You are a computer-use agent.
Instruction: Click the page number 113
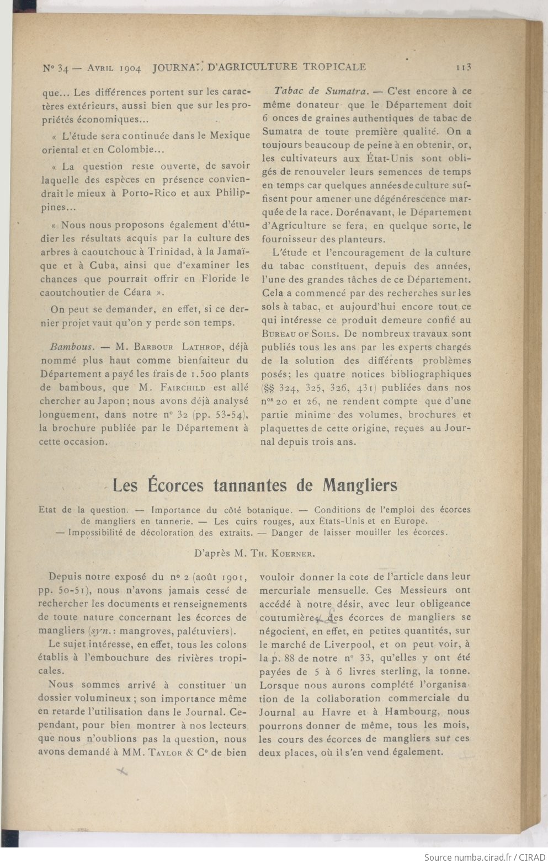pos(462,67)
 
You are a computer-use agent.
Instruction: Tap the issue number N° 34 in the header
pos(55,69)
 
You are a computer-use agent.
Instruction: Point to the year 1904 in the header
pos(130,69)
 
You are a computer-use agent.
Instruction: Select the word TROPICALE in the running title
pos(333,67)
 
